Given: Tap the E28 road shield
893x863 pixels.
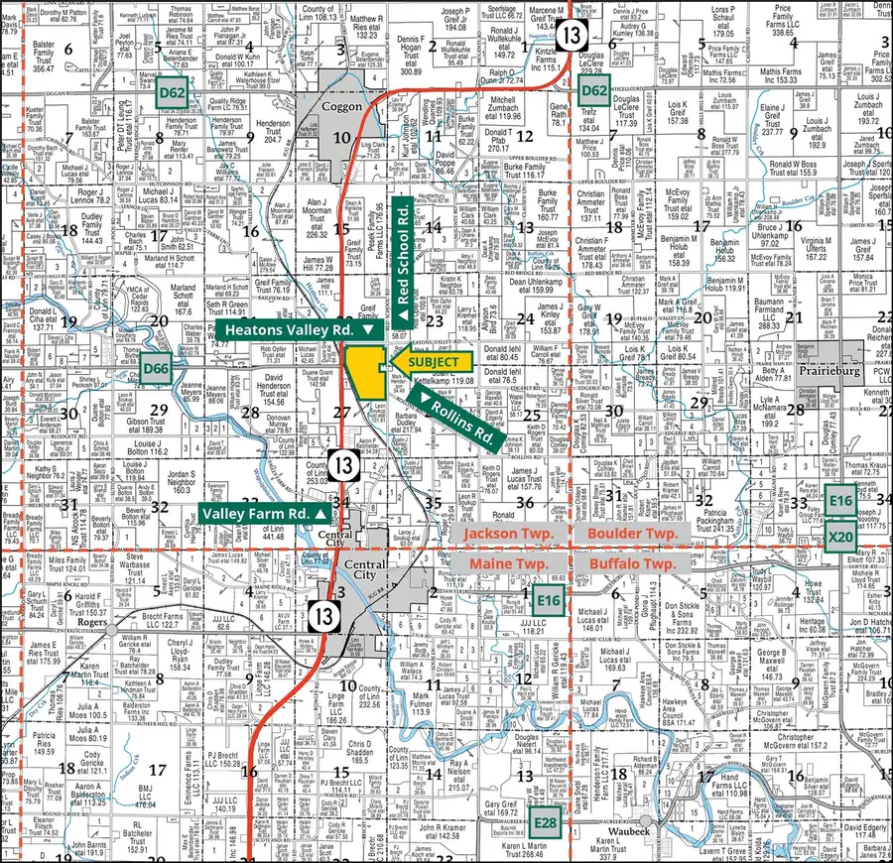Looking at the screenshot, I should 544,823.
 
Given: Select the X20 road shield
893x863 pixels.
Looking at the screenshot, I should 840,538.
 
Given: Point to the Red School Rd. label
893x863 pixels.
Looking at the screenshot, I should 403,259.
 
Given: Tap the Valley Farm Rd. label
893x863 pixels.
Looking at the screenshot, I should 265,514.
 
